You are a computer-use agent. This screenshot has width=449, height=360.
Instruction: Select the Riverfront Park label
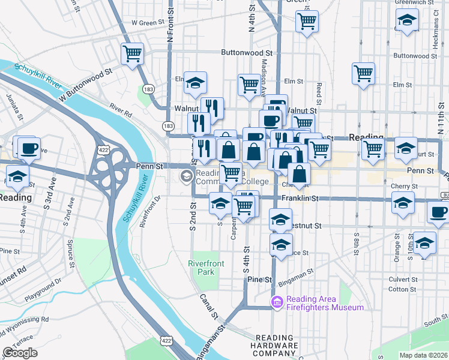(205, 268)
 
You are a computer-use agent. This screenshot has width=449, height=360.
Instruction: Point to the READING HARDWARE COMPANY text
(277, 346)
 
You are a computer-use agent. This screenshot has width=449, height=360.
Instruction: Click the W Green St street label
(148, 23)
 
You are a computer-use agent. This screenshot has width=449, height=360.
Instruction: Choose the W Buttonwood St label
(85, 85)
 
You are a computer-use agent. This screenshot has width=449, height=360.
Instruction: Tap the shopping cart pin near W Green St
(307, 22)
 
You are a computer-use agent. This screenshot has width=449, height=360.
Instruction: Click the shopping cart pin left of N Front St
(132, 54)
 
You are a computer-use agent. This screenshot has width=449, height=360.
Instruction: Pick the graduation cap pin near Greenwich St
(407, 22)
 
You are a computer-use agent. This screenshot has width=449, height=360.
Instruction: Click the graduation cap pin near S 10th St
(424, 242)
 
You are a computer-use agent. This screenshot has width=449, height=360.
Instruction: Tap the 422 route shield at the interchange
(101, 148)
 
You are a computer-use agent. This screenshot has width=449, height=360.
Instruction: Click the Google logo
(20, 353)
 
